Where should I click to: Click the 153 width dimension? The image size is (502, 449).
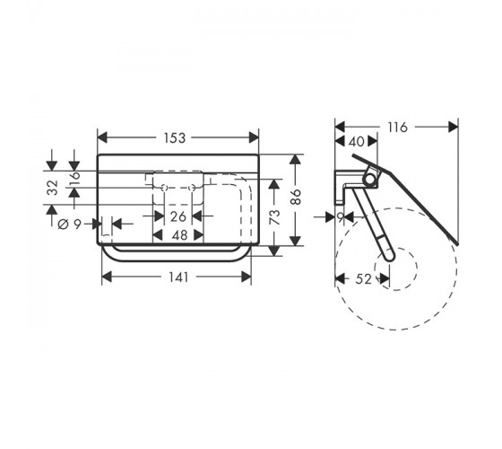click(175, 138)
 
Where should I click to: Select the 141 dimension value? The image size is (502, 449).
click(178, 277)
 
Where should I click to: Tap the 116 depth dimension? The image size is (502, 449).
click(398, 128)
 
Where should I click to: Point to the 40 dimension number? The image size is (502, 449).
click(356, 142)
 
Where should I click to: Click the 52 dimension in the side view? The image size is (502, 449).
click(363, 279)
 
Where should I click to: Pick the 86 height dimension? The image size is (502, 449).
click(296, 197)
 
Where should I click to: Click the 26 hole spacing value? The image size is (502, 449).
click(177, 216)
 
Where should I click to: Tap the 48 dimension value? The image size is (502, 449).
click(179, 235)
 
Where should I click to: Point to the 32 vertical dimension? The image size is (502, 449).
click(52, 188)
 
